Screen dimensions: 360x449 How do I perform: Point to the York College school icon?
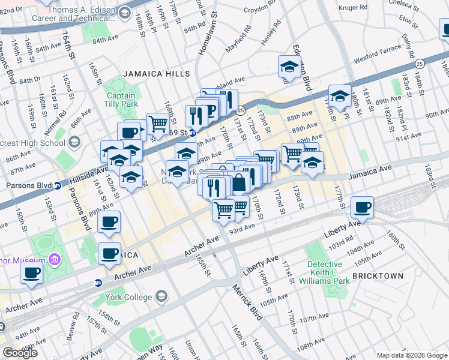point(160,296)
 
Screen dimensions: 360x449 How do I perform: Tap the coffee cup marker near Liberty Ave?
point(362,208)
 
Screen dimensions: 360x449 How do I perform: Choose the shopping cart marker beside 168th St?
point(158,124)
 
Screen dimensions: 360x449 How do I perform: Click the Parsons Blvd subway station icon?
point(58,185)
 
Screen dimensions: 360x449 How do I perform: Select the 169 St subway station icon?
point(193,133)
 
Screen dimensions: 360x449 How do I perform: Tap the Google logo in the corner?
point(20,353)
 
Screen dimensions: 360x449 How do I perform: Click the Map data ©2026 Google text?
point(411,355)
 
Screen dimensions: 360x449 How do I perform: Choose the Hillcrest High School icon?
point(74,143)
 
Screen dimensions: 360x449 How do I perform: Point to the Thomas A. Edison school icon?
point(125,13)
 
